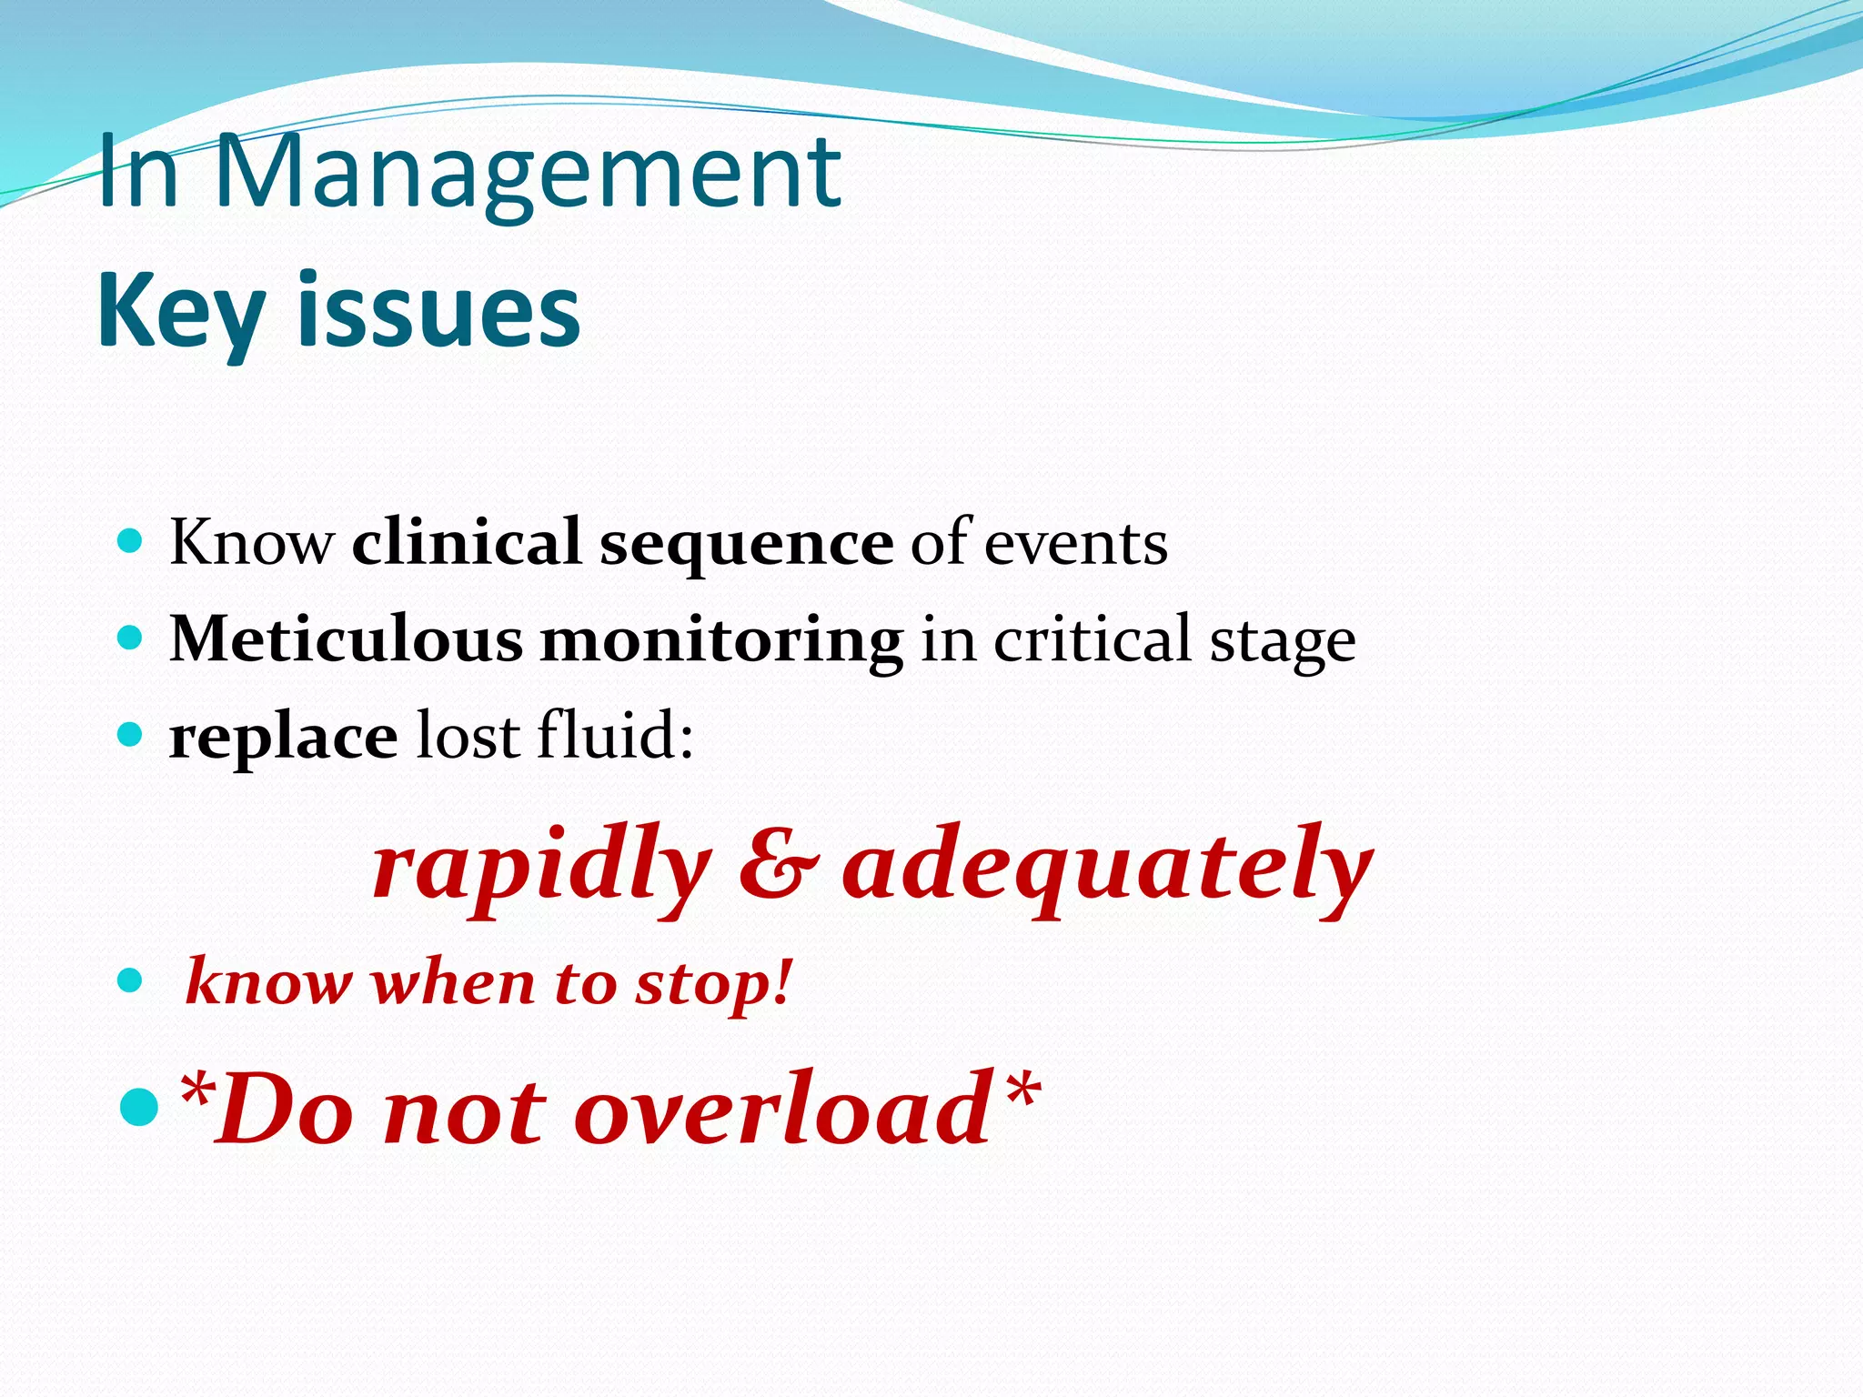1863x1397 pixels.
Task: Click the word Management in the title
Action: click(528, 173)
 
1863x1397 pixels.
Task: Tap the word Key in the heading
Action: click(181, 312)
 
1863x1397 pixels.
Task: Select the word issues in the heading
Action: click(438, 312)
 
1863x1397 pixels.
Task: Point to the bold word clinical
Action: click(466, 542)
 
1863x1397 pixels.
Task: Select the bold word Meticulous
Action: click(346, 639)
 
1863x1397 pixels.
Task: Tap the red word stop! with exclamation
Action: click(714, 985)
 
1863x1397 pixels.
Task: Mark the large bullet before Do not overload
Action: click(138, 1106)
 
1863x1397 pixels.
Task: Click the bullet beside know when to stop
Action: click(131, 980)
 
